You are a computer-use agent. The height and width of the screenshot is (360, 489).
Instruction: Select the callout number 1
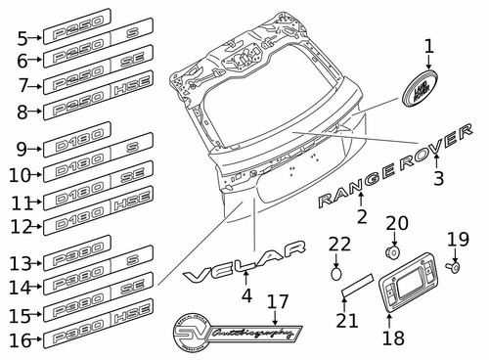[427, 46]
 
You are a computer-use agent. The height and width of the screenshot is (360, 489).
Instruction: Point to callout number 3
[439, 179]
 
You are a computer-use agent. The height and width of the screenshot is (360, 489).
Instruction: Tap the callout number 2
[361, 216]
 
